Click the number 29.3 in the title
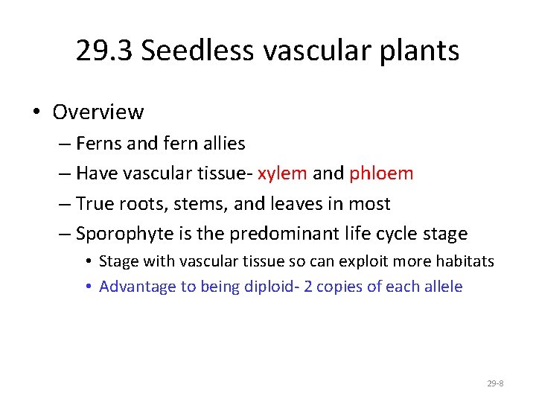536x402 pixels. coord(104,51)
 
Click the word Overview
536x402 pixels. coord(98,112)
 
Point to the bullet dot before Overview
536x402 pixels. coord(36,112)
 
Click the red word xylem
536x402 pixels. coord(282,173)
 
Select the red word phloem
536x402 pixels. coord(381,173)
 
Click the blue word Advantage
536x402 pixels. coord(131,287)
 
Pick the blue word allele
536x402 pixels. coord(441,287)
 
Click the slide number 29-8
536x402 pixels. coord(495,383)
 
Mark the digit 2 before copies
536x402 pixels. coord(313,287)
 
